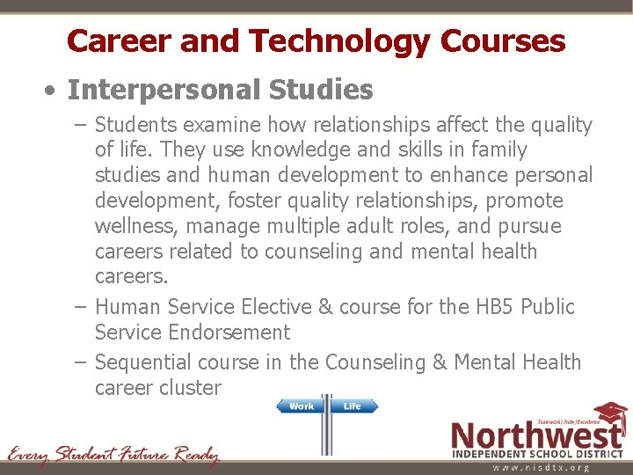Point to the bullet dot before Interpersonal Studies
[54, 90]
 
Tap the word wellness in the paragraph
[135, 226]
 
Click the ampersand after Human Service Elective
[326, 307]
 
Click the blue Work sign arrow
[301, 406]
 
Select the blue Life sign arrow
[353, 406]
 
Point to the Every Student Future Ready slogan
[113, 456]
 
